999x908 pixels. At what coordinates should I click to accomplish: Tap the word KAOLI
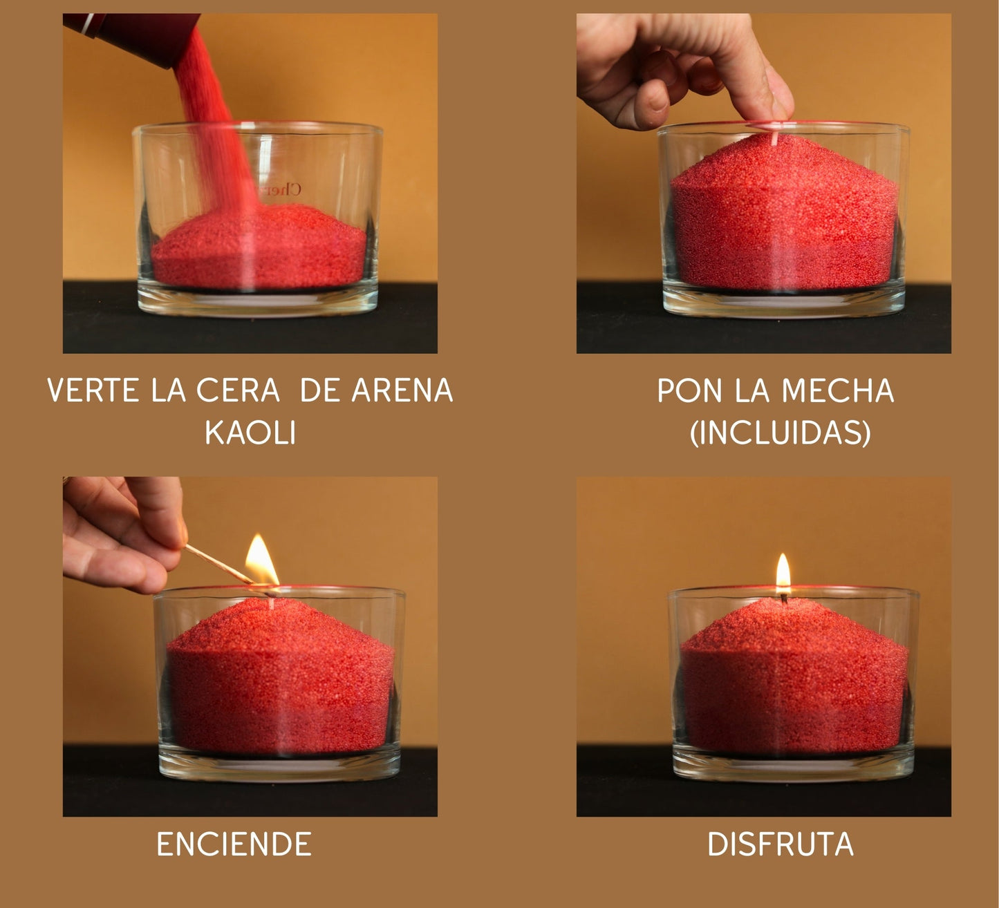click(x=250, y=432)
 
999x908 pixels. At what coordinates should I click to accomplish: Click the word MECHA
click(x=838, y=390)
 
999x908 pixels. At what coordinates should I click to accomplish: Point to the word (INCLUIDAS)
click(x=781, y=433)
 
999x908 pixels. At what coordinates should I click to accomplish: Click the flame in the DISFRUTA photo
click(x=783, y=571)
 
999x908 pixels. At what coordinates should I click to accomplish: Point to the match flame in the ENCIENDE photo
click(x=261, y=560)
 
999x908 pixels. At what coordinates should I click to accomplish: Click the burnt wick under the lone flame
click(x=784, y=597)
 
